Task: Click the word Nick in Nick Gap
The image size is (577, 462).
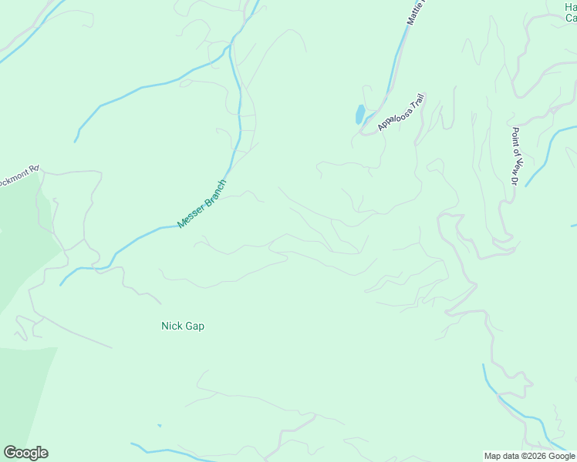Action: pyautogui.click(x=171, y=326)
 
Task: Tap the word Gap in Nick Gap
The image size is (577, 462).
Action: pyautogui.click(x=194, y=326)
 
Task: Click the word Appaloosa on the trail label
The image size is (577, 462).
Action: pyautogui.click(x=394, y=116)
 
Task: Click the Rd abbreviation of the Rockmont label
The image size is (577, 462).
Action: pyautogui.click(x=33, y=168)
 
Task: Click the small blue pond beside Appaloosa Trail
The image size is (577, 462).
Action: pyautogui.click(x=359, y=115)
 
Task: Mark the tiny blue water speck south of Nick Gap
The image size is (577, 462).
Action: pyautogui.click(x=159, y=426)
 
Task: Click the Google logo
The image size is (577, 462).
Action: pyautogui.click(x=25, y=453)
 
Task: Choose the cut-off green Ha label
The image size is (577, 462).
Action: pyautogui.click(x=570, y=6)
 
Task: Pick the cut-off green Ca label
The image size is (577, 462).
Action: pyautogui.click(x=571, y=18)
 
